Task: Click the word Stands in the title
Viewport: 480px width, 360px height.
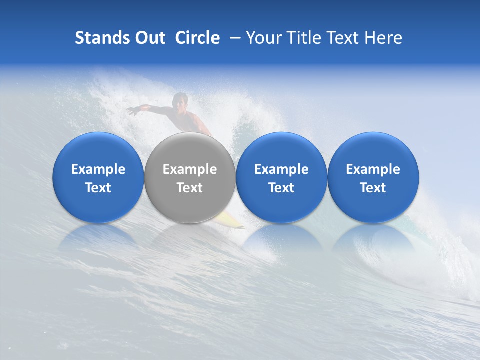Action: [98, 38]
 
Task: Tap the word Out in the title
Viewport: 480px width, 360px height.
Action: [148, 38]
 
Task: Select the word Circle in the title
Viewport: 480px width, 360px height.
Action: [197, 38]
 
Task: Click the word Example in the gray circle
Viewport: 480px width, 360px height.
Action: [190, 169]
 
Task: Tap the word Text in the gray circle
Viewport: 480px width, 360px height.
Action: [190, 188]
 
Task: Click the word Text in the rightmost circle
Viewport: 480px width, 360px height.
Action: [373, 188]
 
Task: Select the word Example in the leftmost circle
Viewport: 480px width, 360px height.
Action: [98, 169]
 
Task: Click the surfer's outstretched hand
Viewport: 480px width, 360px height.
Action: [131, 111]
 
